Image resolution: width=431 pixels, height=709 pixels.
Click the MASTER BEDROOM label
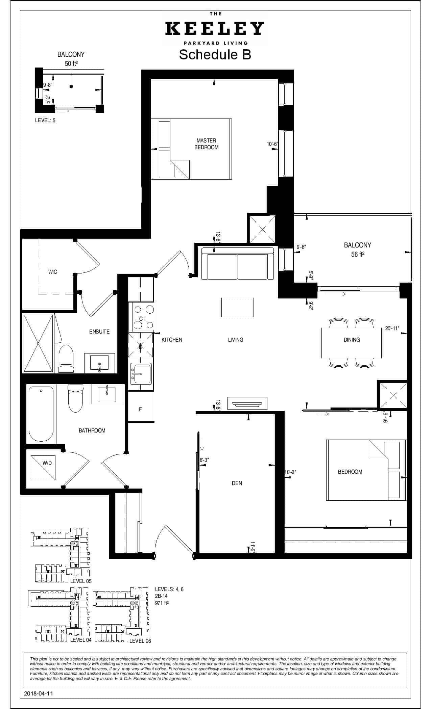(206, 144)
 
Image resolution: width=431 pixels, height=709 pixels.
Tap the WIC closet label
(52, 272)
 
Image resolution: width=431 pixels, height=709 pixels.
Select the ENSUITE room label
(99, 332)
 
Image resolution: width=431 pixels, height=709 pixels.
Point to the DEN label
(237, 483)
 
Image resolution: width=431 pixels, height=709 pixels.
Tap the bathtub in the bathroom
(41, 415)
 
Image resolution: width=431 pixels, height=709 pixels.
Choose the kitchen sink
(141, 373)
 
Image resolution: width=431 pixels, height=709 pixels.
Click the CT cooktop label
(142, 319)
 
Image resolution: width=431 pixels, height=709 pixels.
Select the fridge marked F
(141, 406)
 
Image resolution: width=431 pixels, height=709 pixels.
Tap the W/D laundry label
(47, 463)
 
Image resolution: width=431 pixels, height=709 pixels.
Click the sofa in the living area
(237, 263)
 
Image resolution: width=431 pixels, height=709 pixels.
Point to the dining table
(352, 343)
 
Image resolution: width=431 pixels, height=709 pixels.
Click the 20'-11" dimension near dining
(392, 328)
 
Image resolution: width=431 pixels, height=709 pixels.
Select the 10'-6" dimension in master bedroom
(272, 144)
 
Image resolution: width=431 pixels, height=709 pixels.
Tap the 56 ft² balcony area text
(357, 254)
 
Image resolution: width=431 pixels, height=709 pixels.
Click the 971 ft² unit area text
(162, 603)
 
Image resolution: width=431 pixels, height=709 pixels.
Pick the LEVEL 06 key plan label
(140, 641)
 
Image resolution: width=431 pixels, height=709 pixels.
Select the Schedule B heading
(215, 54)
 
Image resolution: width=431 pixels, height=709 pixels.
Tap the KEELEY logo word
(215, 29)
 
